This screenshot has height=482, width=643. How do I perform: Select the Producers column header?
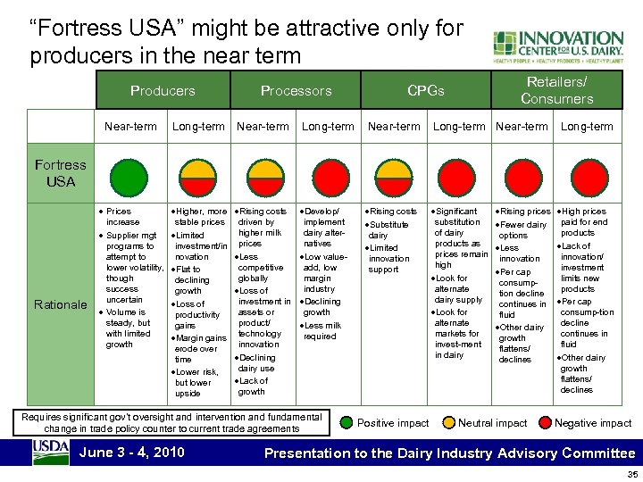[x=163, y=90]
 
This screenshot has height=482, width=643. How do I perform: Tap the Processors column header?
[x=296, y=90]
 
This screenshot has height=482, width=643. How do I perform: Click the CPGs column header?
[x=425, y=90]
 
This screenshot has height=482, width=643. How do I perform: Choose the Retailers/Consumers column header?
[x=556, y=89]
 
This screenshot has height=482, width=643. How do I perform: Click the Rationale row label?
[x=60, y=304]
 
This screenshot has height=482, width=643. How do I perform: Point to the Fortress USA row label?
[x=60, y=172]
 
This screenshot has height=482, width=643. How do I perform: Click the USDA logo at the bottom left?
[x=51, y=452]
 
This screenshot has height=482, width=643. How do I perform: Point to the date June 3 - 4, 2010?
[x=132, y=452]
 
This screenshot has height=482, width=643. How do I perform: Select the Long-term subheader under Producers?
[x=198, y=126]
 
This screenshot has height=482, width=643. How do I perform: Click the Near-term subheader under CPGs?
[x=394, y=126]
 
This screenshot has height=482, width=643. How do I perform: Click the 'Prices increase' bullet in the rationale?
[x=123, y=217]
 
